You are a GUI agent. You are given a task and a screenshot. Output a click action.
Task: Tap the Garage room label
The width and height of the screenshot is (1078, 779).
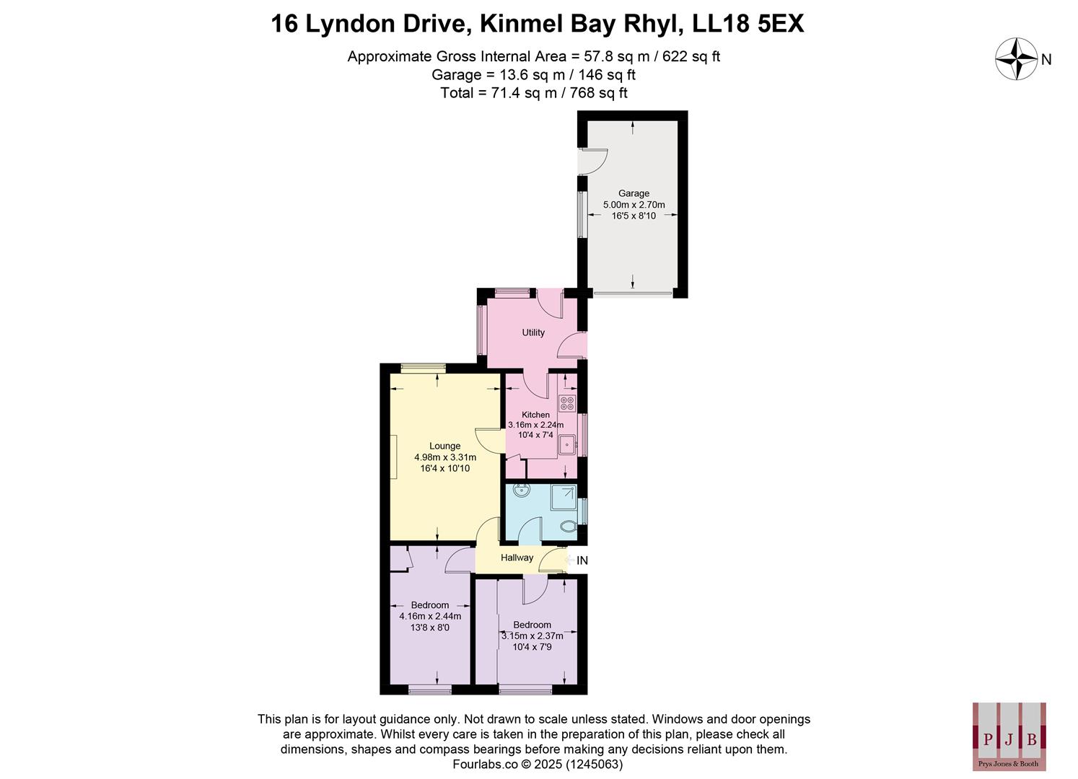pyautogui.click(x=634, y=193)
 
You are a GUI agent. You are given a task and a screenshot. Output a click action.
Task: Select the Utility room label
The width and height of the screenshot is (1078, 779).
pyautogui.click(x=533, y=333)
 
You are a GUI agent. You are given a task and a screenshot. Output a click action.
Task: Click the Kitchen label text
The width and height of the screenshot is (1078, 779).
pyautogui.click(x=535, y=415)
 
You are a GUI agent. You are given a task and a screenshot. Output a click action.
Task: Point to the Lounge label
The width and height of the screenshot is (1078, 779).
pyautogui.click(x=444, y=446)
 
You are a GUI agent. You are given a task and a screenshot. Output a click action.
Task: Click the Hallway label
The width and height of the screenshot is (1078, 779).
pyautogui.click(x=517, y=558)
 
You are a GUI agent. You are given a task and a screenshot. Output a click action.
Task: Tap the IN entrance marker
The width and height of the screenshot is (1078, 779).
pyautogui.click(x=582, y=560)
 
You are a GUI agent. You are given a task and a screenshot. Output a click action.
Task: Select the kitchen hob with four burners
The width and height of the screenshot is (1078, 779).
pyautogui.click(x=567, y=403)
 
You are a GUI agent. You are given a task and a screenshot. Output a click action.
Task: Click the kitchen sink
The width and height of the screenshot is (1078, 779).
pyautogui.click(x=566, y=446)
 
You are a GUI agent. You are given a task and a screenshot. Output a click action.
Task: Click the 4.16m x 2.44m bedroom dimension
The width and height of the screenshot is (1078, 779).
pyautogui.click(x=430, y=616)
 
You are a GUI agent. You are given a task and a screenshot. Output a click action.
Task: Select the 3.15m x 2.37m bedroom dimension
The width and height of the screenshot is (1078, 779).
pyautogui.click(x=532, y=636)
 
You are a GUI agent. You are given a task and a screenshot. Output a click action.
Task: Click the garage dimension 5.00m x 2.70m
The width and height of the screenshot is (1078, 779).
pyautogui.click(x=634, y=205)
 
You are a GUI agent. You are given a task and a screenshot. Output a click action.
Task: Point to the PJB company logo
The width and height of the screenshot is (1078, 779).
pyautogui.click(x=1009, y=736)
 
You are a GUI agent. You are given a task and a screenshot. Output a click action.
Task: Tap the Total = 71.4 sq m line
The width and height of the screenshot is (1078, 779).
pyautogui.click(x=534, y=92)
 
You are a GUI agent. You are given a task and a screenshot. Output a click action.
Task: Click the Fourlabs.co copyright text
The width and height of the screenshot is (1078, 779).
pyautogui.click(x=537, y=764)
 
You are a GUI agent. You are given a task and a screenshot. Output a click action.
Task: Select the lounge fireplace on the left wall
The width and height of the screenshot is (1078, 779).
pyautogui.click(x=393, y=457)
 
